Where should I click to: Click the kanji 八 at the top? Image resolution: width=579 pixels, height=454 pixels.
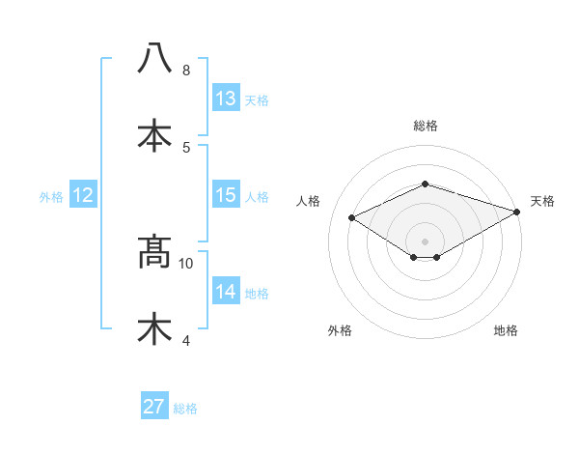154,59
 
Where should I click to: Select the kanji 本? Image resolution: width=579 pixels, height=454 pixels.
154,135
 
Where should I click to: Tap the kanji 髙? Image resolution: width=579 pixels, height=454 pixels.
154,252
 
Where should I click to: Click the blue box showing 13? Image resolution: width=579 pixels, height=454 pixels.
225,98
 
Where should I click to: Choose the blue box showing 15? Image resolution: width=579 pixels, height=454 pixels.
225,195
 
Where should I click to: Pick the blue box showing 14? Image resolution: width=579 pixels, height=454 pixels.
225,292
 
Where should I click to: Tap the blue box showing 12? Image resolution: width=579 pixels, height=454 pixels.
82,195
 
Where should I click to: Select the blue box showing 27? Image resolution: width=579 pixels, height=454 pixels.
154,407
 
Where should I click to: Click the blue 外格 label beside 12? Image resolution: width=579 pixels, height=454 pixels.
51,196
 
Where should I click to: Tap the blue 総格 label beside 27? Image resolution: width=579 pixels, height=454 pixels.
185,409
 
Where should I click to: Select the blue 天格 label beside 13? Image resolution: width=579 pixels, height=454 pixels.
257,99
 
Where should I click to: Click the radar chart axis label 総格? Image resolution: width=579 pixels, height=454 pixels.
426,126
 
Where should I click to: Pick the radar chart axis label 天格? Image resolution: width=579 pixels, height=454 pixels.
542,201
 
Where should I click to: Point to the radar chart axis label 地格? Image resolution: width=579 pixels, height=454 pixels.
506,330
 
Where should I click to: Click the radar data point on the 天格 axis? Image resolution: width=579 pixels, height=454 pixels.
517,212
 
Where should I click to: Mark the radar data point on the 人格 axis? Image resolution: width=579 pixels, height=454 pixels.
352,217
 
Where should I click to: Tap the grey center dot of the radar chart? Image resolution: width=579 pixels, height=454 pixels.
426,241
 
